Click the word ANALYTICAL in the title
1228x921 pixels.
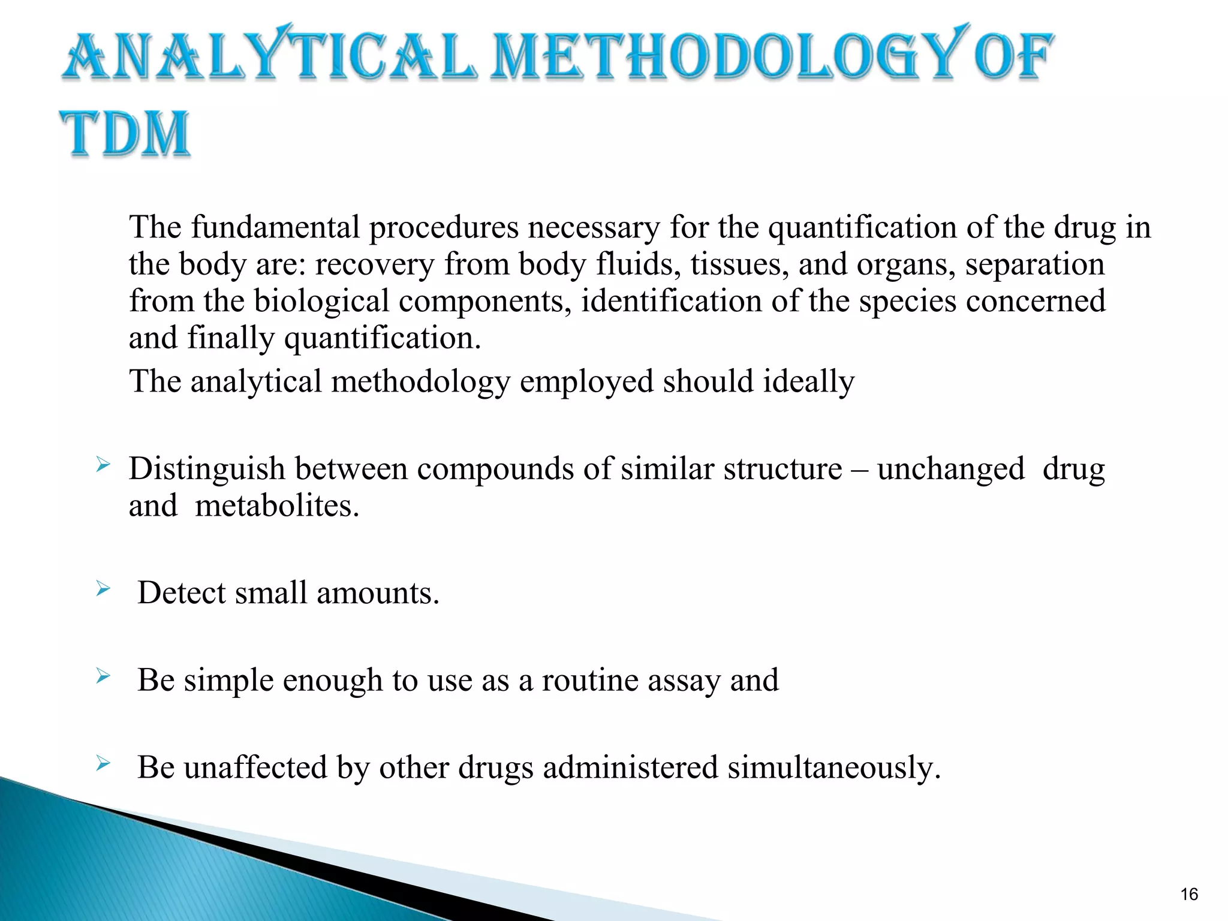pyautogui.click(x=270, y=57)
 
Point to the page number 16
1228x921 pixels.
pyautogui.click(x=1188, y=895)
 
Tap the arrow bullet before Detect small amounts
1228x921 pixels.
pyautogui.click(x=103, y=589)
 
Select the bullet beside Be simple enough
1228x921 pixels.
pyautogui.click(x=103, y=677)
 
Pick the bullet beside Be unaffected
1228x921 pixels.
pyautogui.click(x=103, y=763)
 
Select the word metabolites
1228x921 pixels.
pyautogui.click(x=276, y=506)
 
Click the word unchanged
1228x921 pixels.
pyautogui.click(x=950, y=469)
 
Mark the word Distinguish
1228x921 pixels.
pyautogui.click(x=206, y=469)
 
